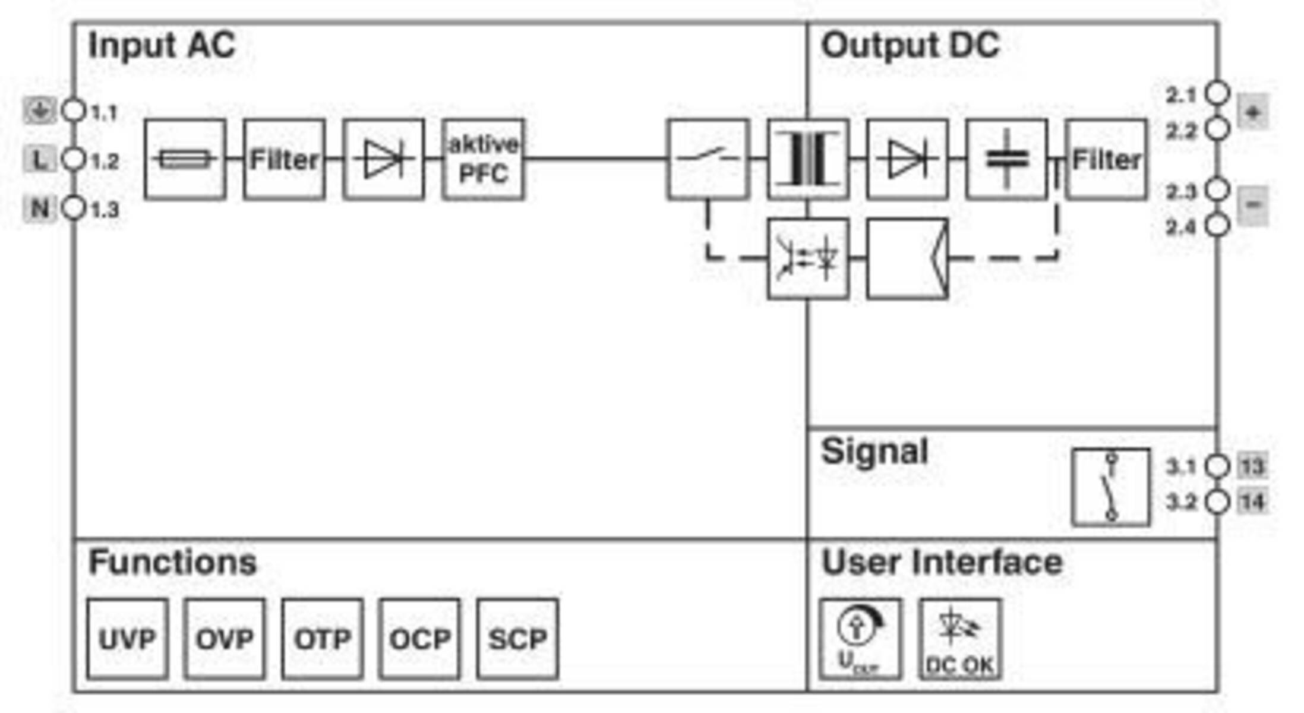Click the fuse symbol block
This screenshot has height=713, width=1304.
185,159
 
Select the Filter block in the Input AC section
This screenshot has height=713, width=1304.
284,159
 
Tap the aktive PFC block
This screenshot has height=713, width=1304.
483,159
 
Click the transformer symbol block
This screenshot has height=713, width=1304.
807,159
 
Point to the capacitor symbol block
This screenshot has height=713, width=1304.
1006,159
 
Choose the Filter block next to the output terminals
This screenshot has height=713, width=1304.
1106,159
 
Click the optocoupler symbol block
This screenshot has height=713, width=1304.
807,258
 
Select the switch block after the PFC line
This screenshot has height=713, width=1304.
708,159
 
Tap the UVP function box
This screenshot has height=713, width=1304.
127,639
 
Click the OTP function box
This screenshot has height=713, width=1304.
323,639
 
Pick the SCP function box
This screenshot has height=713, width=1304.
517,639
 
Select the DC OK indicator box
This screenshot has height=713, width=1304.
959,639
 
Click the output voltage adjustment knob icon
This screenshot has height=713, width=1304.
859,639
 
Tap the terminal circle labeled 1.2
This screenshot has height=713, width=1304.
74,159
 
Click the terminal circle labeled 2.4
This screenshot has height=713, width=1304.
1217,225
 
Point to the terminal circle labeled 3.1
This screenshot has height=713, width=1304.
1217,466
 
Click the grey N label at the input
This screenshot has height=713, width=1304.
40,209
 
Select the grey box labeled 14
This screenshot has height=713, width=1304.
1252,502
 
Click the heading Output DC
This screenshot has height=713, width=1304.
910,45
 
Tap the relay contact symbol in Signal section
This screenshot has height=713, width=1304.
1110,487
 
